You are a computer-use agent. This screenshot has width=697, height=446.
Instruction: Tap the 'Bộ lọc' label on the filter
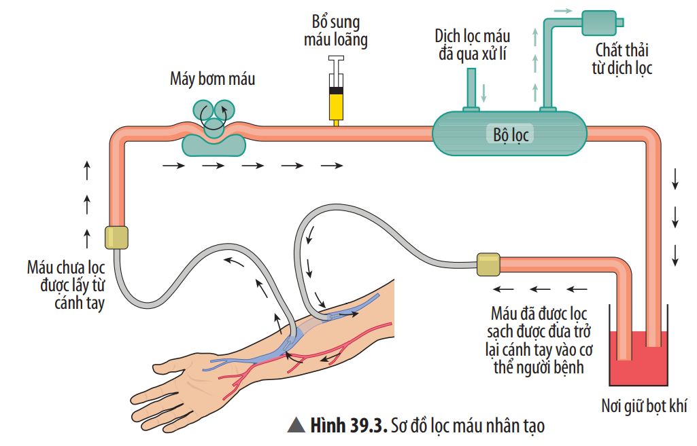[511, 134]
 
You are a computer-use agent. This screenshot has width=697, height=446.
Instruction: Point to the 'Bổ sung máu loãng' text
[335, 31]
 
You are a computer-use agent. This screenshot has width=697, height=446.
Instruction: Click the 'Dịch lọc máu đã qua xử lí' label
[473, 45]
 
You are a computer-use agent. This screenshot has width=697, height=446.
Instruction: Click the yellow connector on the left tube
[116, 237]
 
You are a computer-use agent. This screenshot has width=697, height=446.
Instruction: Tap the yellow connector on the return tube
[488, 264]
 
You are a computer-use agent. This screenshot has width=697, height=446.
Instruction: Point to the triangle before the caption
[295, 426]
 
